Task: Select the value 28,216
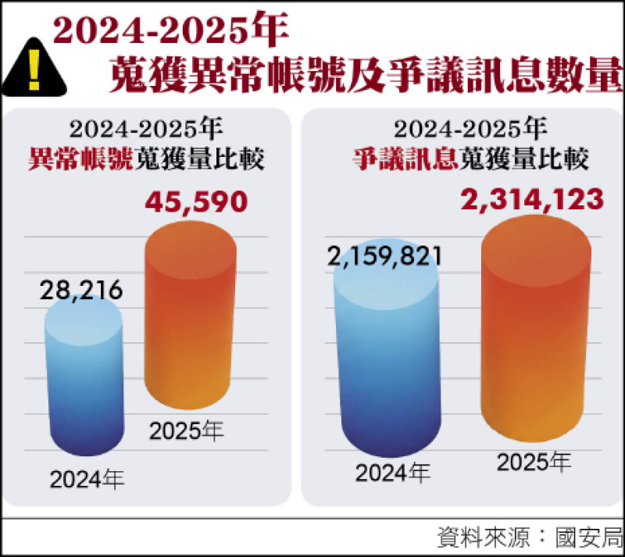pos(81,291)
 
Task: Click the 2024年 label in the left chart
pos(87,478)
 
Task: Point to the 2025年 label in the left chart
pos(187,430)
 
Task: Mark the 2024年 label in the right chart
pos(392,473)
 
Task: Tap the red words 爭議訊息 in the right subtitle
pos(404,159)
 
